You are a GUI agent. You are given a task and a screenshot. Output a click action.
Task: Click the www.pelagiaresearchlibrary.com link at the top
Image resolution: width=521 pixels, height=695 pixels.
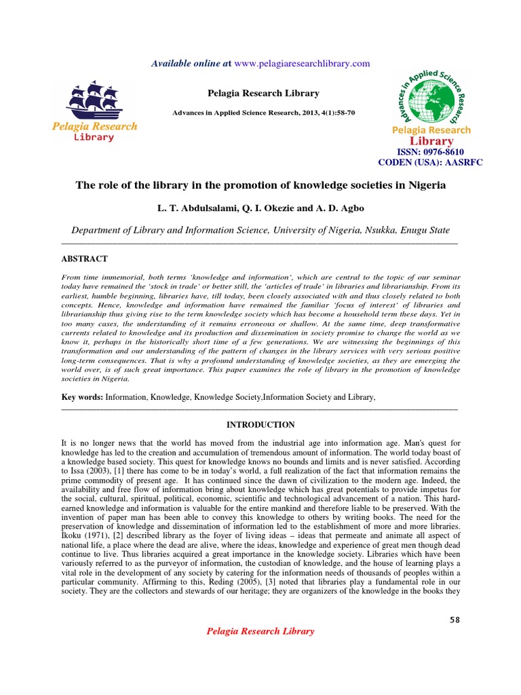[303, 64]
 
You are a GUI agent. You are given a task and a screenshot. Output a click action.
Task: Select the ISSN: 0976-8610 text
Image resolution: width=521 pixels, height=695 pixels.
[431, 153]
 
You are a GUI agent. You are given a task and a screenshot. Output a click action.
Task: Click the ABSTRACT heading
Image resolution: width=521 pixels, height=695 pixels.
[84, 259]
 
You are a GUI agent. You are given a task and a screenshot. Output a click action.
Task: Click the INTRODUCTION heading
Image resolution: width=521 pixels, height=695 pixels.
[260, 425]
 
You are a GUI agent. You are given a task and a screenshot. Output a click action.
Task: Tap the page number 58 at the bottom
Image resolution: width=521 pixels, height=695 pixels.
[455, 620]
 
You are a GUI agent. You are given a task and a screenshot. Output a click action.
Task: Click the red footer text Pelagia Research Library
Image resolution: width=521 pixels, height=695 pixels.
[260, 631]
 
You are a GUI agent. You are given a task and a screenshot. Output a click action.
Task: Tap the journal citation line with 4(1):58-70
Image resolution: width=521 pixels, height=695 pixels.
[260, 111]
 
